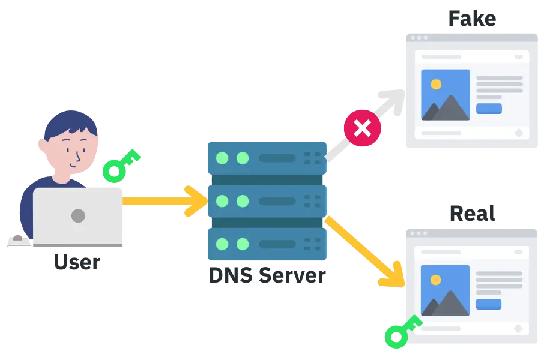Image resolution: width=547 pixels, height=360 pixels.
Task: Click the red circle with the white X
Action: click(362, 128)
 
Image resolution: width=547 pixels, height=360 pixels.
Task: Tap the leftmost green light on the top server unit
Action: click(222, 158)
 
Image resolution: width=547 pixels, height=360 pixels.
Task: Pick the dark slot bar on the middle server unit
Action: click(277, 202)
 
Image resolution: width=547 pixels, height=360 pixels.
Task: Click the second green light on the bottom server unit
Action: click(243, 244)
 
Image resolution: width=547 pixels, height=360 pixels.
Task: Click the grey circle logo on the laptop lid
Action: click(78, 215)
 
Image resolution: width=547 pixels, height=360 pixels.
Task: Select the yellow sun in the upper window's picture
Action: click(436, 85)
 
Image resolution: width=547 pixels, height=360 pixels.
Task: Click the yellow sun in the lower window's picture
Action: click(436, 280)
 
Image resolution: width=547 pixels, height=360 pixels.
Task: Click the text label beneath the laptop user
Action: click(76, 262)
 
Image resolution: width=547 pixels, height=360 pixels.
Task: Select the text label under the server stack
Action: click(267, 275)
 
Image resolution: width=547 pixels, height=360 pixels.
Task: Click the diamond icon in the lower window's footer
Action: click(519, 328)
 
